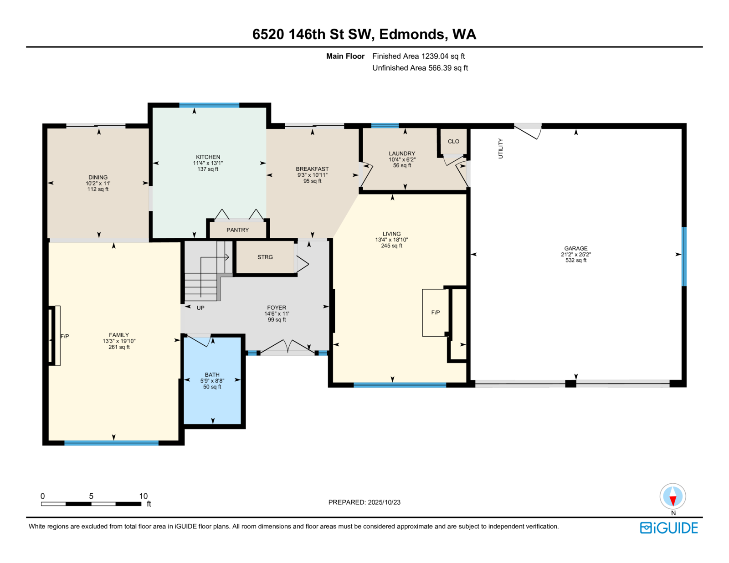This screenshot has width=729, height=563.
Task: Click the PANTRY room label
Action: (237, 230)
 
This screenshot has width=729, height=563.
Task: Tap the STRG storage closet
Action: (265, 257)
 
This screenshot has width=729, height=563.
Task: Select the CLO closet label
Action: (453, 142)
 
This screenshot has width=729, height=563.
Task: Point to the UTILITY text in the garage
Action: (501, 148)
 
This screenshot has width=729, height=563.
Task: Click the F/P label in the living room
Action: (436, 312)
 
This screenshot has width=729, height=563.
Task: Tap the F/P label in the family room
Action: (65, 336)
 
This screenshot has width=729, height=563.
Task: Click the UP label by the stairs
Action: (200, 308)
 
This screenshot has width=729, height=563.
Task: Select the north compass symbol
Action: (673, 496)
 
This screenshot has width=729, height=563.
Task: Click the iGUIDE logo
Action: (669, 528)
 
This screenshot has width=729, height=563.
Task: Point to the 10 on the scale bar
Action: (143, 496)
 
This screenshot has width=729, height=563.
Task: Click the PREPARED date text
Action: (364, 502)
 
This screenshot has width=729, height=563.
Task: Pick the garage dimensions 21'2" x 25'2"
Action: (576, 255)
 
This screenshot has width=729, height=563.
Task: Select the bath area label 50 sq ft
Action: (212, 387)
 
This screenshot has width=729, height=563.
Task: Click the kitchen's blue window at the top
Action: (209, 105)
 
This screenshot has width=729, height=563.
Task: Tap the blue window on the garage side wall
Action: (684, 256)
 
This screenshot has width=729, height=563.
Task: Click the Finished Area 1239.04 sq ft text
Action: (418, 56)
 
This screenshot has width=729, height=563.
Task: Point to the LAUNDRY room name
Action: (402, 154)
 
